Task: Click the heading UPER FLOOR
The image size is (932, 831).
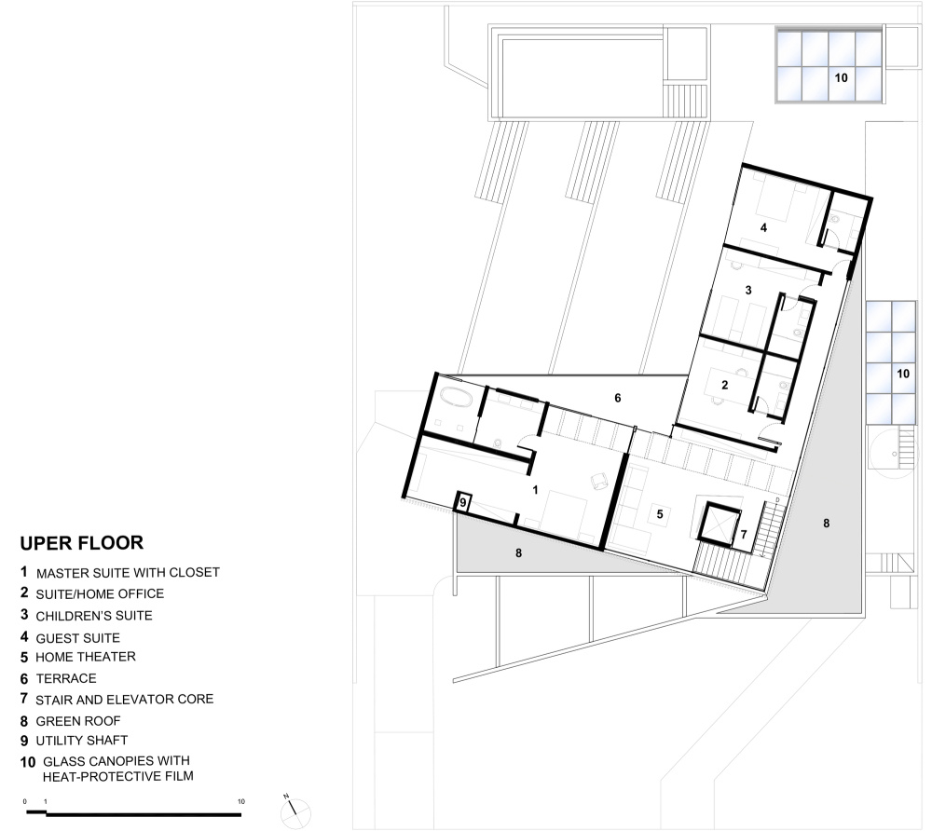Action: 81,543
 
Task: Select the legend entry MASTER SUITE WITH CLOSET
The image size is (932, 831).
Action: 128,573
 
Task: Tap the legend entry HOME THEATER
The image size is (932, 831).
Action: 86,657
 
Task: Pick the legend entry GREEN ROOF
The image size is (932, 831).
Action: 78,721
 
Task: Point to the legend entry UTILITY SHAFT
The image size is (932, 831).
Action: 81,741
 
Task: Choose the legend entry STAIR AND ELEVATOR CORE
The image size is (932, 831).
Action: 124,700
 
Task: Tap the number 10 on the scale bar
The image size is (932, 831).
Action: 241,801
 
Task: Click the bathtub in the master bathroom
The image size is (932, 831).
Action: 456,398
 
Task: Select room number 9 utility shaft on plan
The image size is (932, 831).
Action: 463,503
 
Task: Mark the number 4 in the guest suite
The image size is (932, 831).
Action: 764,227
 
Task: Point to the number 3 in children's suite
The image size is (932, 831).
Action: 748,290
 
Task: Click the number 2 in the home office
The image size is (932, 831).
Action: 724,385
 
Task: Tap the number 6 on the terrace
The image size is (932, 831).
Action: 618,398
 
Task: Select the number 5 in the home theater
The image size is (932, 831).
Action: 660,514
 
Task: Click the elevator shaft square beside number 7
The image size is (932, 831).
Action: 718,524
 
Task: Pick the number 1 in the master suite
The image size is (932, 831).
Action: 536,490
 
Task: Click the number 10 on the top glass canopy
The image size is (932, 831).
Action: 841,78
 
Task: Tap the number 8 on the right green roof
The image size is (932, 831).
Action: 826,524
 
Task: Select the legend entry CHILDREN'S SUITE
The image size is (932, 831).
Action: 94,616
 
